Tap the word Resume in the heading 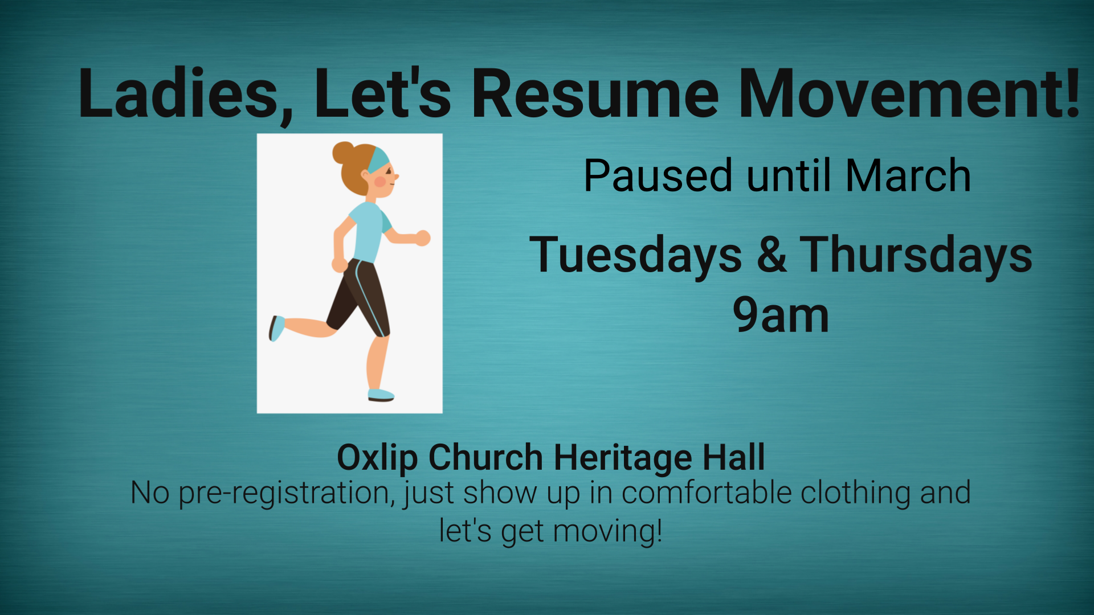(x=595, y=93)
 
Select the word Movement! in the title (x=909, y=93)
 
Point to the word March (x=908, y=175)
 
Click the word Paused (x=658, y=175)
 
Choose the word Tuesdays (x=635, y=255)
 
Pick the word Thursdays (x=916, y=255)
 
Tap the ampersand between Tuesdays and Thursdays (x=771, y=255)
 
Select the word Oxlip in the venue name (x=377, y=458)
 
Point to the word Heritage (x=623, y=458)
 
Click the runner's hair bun (x=343, y=153)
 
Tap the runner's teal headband (x=378, y=159)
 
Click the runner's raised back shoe (x=276, y=329)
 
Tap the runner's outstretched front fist (x=422, y=238)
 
